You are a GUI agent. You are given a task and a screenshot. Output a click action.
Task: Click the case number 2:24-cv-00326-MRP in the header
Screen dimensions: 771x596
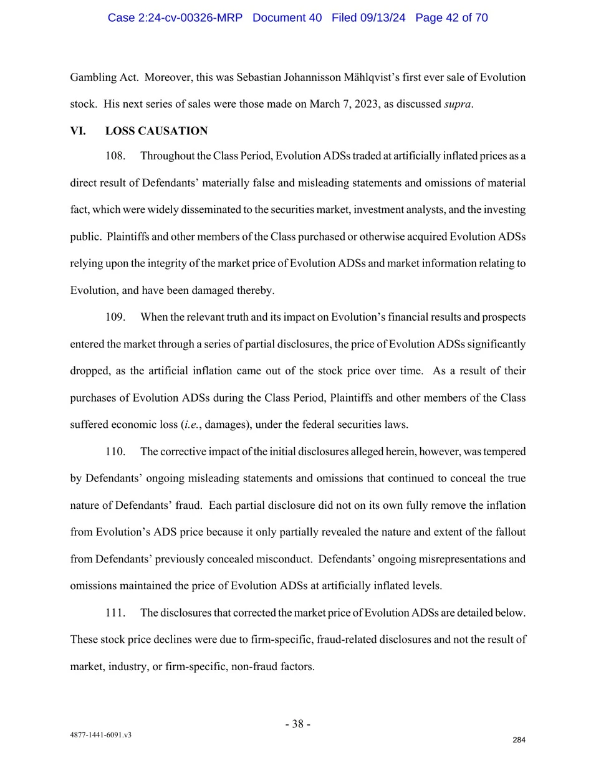pos(175,18)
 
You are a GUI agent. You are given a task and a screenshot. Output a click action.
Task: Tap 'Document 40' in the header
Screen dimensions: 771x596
pos(287,18)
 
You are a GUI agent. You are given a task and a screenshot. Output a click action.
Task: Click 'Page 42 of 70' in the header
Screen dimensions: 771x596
pos(451,18)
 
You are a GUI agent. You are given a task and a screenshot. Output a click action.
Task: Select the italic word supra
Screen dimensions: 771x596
pos(457,104)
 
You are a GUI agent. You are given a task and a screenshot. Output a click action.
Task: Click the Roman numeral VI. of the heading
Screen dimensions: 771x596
pos(78,131)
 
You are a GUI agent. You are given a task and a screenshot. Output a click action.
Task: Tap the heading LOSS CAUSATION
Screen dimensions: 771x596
pos(156,131)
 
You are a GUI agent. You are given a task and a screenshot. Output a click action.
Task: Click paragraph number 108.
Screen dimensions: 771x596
pos(115,156)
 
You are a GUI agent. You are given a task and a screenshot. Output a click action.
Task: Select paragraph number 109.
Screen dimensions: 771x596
pos(115,317)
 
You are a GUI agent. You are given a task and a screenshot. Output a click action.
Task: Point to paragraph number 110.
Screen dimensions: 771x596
pos(115,452)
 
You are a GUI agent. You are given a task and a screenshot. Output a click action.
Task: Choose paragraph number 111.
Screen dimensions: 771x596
pos(115,613)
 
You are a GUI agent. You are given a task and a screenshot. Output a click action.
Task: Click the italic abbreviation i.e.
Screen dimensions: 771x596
pos(191,425)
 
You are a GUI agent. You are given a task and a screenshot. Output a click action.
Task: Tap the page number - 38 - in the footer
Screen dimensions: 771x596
pos(298,724)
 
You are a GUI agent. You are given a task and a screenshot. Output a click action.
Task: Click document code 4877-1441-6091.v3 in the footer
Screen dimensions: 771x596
pos(100,735)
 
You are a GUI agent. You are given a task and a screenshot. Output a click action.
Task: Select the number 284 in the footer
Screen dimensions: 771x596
pos(519,740)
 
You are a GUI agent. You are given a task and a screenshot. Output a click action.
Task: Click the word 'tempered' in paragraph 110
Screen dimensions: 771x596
pos(504,452)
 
